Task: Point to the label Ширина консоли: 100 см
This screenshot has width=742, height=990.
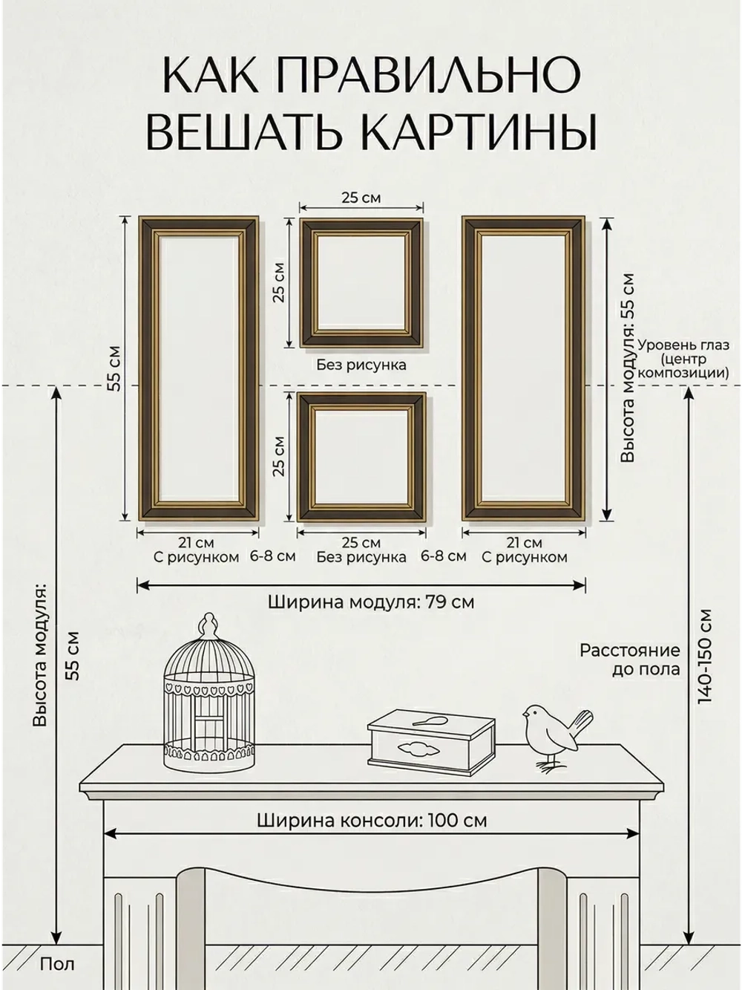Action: click(x=372, y=820)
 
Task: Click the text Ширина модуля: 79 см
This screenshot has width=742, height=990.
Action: click(x=370, y=602)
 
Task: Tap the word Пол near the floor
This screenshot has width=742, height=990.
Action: click(x=57, y=965)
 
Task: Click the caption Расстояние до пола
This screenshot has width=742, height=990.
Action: click(x=629, y=660)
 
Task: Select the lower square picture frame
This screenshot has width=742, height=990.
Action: click(x=361, y=457)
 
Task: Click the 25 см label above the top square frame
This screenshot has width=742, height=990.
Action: click(x=361, y=198)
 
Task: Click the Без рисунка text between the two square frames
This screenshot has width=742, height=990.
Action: click(x=361, y=365)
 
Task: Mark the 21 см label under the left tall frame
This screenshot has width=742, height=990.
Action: click(x=197, y=543)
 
